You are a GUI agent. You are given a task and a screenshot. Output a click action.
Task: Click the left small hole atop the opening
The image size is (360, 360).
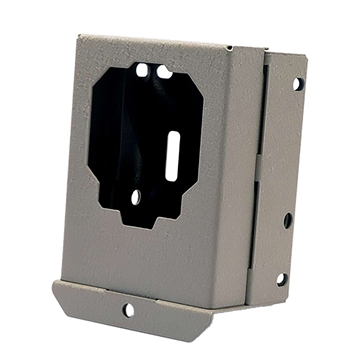click(x=142, y=71)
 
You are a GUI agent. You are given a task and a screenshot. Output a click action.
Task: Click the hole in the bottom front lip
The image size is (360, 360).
click(x=129, y=309)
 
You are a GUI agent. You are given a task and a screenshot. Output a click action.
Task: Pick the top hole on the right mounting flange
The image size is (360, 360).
click(x=297, y=83)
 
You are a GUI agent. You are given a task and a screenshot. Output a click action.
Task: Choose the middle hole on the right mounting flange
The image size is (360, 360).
click(x=288, y=219)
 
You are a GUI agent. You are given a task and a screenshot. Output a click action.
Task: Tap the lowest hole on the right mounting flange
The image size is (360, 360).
click(x=281, y=279)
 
